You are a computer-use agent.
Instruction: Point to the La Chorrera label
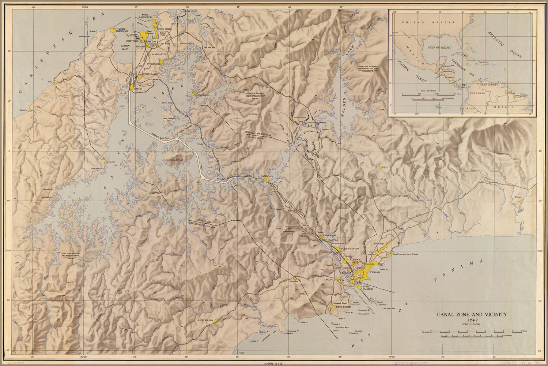point(204,320)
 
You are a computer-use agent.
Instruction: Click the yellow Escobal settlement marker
point(106,162)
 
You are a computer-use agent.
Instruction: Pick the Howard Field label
point(339,303)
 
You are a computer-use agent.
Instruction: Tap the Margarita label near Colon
point(159,54)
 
